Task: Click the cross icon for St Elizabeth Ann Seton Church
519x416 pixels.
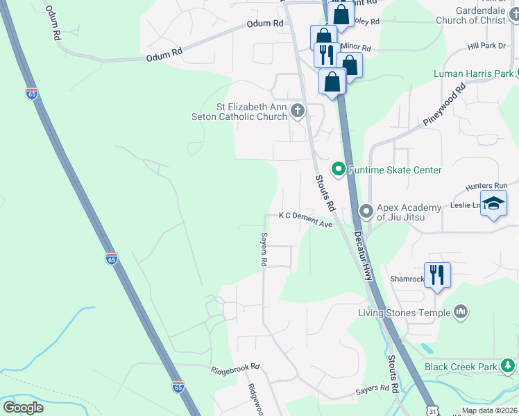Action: click(298, 110)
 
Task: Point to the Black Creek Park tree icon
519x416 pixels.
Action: click(509, 365)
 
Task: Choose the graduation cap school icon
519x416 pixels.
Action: click(493, 203)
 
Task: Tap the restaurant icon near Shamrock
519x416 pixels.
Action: click(437, 274)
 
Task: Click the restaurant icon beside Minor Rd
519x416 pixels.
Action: click(325, 54)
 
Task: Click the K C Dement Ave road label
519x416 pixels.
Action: click(305, 219)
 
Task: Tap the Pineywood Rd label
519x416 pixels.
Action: click(444, 105)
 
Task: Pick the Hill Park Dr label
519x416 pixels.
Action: click(487, 46)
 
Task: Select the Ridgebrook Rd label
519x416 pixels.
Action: click(235, 367)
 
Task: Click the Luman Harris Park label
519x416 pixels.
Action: click(473, 73)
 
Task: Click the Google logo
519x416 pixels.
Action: click(23, 407)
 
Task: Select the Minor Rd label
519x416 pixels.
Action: click(355, 48)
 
